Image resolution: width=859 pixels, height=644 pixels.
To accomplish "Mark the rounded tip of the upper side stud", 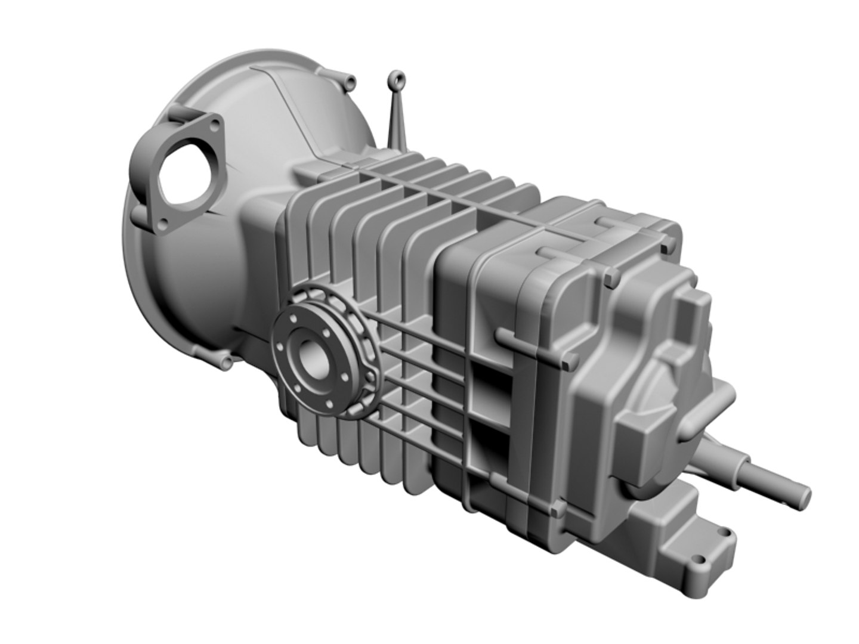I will [502, 337].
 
